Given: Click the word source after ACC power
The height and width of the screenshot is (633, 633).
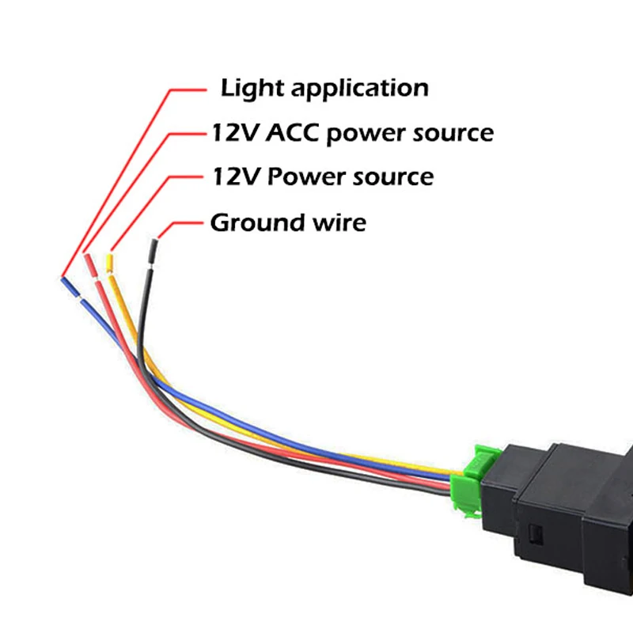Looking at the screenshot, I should pos(453,133).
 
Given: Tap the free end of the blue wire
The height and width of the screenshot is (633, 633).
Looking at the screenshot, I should pos(64,279).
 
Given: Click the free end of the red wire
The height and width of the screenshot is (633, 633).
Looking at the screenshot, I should pos(86,257).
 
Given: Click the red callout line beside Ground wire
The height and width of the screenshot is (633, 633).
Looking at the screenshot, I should pos(182,222).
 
